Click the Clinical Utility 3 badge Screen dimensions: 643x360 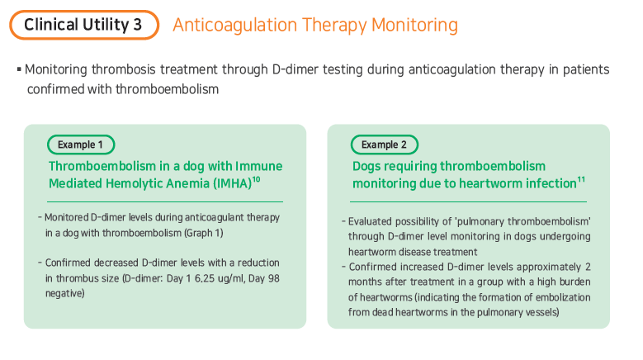coord(84,25)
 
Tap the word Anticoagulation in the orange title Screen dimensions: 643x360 coord(234,25)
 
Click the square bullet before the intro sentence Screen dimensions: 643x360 coord(19,69)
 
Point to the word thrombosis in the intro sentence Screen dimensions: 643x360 coord(124,69)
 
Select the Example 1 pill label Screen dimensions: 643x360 coord(81,144)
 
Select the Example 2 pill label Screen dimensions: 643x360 coord(385,144)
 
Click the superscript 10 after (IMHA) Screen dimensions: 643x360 coord(257,179)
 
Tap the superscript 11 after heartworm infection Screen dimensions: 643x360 coord(581,179)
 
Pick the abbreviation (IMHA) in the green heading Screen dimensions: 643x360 coord(232,183)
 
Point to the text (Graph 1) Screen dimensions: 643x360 coord(204,233)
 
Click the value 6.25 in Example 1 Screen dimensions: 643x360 coord(205,278)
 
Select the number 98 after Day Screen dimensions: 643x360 coord(273,278)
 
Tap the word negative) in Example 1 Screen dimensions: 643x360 coord(64,294)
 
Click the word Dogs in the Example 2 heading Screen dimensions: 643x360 coord(366,167)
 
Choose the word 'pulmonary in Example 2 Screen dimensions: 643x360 coord(480,221)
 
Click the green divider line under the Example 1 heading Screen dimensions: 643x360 coord(165,201)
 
